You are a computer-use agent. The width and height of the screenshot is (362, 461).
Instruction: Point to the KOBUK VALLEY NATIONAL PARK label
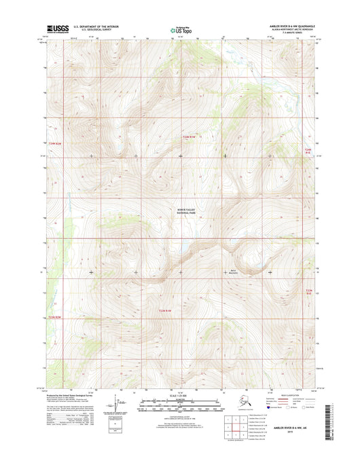click(x=181, y=213)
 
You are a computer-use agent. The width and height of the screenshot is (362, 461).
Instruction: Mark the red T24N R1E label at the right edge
click(x=308, y=150)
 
